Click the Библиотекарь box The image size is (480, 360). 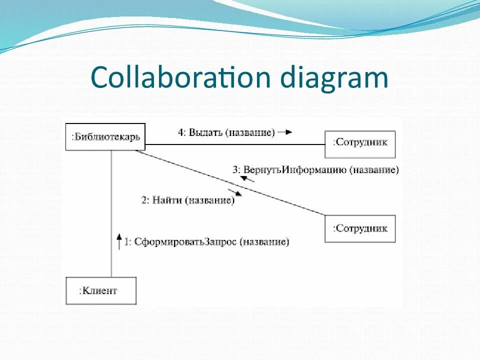pos(105,136)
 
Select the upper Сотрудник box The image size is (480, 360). pos(360,144)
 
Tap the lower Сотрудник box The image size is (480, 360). pos(360,228)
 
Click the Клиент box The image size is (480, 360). pos(101,290)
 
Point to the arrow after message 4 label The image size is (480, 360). pos(285,132)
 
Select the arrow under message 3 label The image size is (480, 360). pos(248,178)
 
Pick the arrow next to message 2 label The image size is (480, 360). pos(234,192)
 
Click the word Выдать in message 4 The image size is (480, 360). pos(205,132)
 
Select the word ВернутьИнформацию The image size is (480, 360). pos(295,169)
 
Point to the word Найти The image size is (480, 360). pos(167,200)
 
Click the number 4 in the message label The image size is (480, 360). pos(180,132)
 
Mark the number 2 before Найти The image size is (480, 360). pos(144,200)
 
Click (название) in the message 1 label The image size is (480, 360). pos(264,242)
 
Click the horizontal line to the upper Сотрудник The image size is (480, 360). pos(235,144)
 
